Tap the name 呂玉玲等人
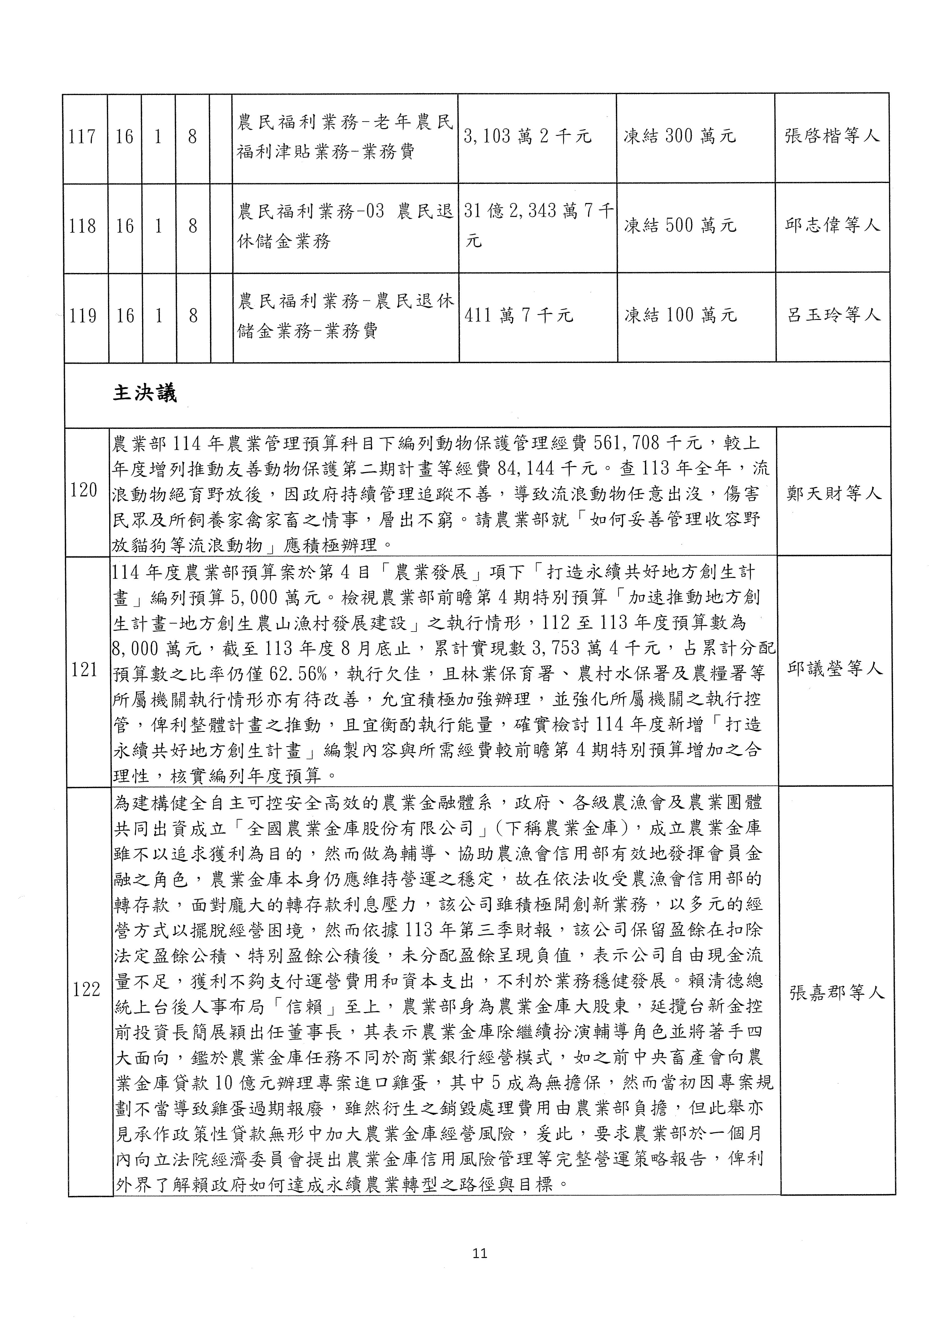coord(834,316)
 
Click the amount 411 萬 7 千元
coord(519,316)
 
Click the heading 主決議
coord(144,394)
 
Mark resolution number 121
coord(85,670)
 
